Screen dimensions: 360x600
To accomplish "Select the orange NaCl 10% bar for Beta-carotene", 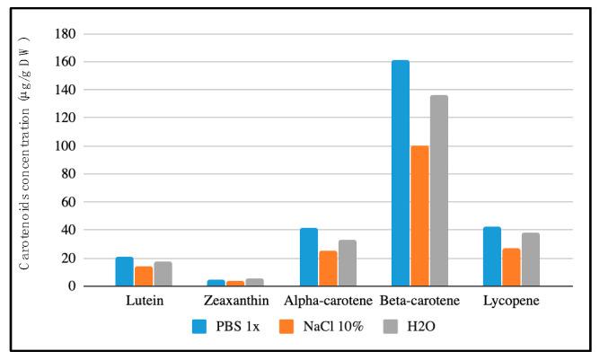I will [x=419, y=216].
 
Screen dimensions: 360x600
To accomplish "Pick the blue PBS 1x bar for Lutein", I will [x=125, y=272].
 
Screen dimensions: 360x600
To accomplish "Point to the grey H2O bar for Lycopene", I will [x=530, y=259].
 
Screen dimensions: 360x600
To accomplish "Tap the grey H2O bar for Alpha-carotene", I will [x=347, y=263].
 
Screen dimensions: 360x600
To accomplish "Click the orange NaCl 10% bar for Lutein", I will [x=144, y=277].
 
